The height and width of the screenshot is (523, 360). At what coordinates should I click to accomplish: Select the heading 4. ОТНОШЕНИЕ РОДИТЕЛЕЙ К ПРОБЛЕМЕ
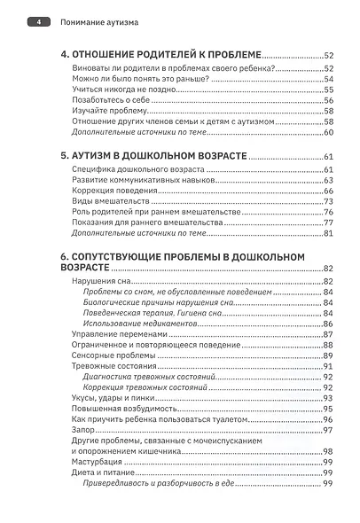click(x=161, y=53)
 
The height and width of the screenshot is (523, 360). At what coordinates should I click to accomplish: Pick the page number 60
click(x=327, y=132)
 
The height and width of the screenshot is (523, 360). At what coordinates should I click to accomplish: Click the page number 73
click(x=327, y=201)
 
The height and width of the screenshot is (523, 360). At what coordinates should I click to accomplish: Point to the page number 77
click(x=327, y=222)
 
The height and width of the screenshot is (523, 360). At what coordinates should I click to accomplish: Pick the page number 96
click(x=327, y=419)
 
